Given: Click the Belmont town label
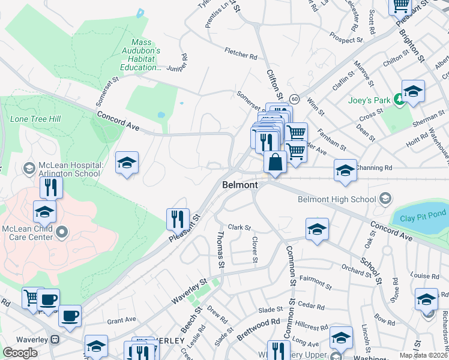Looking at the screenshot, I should pos(240,185).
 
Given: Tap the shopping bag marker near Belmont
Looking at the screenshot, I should pos(275,163).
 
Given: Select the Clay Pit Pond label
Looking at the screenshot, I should pos(415,218).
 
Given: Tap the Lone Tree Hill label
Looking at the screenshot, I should pos(35,119).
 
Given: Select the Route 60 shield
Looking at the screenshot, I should pos(294,98).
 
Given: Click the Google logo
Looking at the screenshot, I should pos(20,353).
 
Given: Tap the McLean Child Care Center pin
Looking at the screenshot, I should pos(61,230).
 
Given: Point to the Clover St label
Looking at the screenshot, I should pos(255,249).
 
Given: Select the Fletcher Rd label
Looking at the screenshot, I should pos(241,54).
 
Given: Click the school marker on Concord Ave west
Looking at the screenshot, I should pos(127,163).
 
